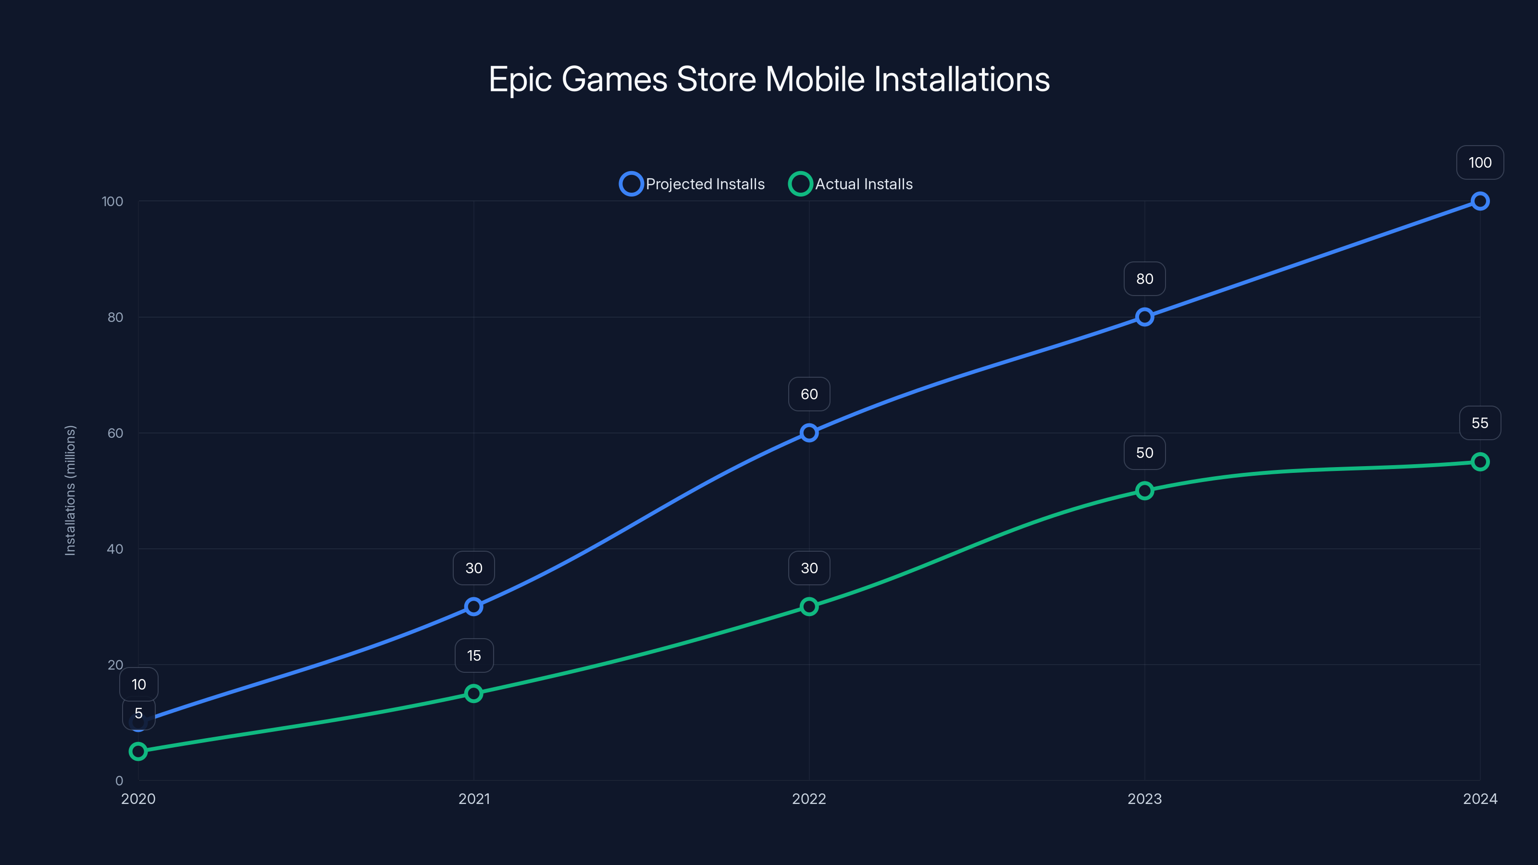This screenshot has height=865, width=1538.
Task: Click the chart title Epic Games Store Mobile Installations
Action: (x=769, y=79)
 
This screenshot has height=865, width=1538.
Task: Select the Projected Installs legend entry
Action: (x=693, y=184)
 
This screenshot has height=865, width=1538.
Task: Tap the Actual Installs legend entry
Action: (x=851, y=184)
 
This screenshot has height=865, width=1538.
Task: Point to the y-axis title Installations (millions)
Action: (x=71, y=490)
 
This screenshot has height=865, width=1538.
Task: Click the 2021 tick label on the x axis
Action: (x=474, y=799)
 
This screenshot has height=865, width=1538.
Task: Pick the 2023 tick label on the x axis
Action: (x=1144, y=799)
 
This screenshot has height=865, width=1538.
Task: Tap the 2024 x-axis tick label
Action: (x=1479, y=799)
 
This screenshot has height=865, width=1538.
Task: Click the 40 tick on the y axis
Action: (x=115, y=549)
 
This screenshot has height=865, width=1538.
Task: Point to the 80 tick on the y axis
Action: (x=115, y=317)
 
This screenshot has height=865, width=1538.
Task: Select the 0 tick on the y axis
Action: (x=119, y=781)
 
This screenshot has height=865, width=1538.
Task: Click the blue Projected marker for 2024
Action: (x=1479, y=201)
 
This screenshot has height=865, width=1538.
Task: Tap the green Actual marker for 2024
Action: (x=1479, y=461)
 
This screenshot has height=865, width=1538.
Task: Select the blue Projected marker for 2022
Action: (x=809, y=433)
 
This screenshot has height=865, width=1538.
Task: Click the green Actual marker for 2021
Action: (x=473, y=693)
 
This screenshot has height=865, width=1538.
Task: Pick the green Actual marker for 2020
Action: (x=138, y=751)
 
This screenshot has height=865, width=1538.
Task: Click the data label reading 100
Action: (x=1479, y=162)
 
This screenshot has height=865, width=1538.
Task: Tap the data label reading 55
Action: (x=1479, y=423)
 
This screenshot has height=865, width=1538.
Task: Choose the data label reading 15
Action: (x=474, y=655)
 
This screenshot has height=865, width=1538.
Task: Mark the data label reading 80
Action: (x=1144, y=279)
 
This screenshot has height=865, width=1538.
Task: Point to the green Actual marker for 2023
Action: (x=1144, y=491)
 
